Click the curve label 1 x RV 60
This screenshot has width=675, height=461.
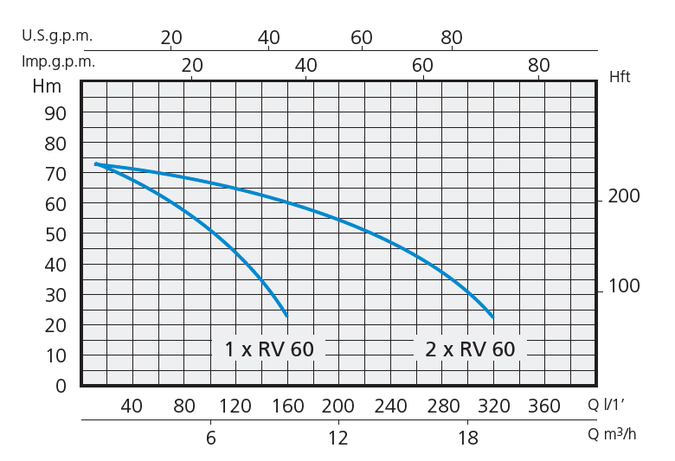[x=269, y=349]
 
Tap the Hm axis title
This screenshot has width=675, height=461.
[x=47, y=86]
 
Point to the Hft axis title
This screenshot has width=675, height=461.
[x=620, y=77]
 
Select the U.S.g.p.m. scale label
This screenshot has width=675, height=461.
[x=57, y=36]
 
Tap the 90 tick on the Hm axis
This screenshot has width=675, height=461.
[x=55, y=113]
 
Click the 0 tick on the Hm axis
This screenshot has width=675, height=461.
[x=61, y=386]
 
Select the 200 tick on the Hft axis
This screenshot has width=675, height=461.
[x=624, y=197]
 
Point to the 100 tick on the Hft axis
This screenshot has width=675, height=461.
[x=624, y=286]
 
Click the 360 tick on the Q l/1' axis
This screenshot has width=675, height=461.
[x=544, y=407]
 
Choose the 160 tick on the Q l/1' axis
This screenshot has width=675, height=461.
[x=288, y=407]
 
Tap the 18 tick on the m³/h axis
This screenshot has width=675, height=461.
[x=468, y=438]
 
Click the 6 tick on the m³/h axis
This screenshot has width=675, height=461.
[x=210, y=438]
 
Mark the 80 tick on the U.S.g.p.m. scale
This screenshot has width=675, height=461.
[x=452, y=38]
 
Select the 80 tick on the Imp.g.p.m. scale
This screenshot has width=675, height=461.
[x=538, y=66]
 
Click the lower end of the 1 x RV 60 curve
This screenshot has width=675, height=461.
[x=286, y=315]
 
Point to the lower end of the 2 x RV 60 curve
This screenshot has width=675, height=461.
[x=492, y=317]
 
